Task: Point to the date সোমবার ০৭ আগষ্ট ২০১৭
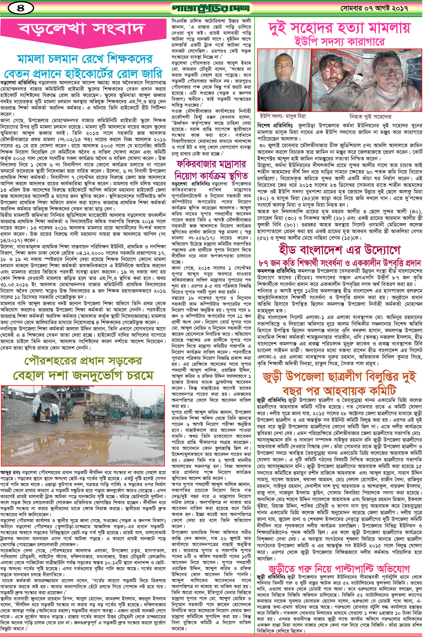coord(374,8)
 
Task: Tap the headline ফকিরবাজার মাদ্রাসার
coord(211,164)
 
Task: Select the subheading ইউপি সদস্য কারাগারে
coord(339,42)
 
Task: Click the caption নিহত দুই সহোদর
coord(370,116)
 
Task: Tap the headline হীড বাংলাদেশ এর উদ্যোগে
coord(339,250)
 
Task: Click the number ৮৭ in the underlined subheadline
coord(263,263)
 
